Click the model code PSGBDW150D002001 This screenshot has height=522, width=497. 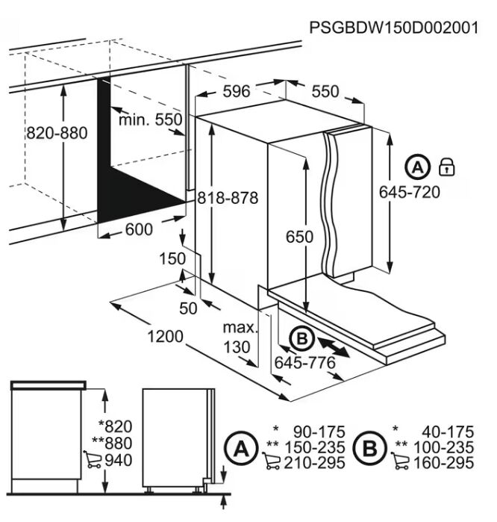click(394, 28)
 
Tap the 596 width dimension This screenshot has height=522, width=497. click(237, 92)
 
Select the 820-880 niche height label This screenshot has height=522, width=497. click(57, 133)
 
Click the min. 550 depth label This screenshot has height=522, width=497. click(150, 119)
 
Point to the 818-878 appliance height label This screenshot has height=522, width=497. click(228, 198)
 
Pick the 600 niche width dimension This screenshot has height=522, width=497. click(139, 229)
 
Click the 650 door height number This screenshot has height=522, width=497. click(299, 237)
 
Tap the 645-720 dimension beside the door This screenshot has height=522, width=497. click(410, 193)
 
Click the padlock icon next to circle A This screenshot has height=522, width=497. click(446, 167)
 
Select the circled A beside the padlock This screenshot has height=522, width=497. click(417, 167)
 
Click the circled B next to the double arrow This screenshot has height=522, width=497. click(301, 338)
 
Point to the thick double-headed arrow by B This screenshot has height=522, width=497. click(334, 347)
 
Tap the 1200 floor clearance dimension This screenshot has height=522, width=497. click(165, 337)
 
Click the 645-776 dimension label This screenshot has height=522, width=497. click(304, 363)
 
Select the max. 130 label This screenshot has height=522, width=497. click(240, 338)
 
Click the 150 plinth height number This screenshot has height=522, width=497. click(172, 259)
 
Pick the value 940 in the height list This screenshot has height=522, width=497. click(119, 461)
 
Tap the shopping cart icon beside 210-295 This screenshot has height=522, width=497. click(271, 461)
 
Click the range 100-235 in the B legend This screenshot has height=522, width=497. click(443, 448)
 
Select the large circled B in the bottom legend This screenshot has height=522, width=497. click(370, 448)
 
